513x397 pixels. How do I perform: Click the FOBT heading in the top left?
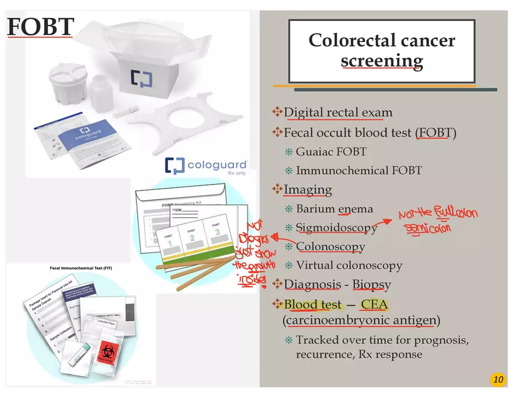tap(41, 27)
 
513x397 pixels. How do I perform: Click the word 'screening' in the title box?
tap(382, 60)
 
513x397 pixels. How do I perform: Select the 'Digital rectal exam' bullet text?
tap(338, 112)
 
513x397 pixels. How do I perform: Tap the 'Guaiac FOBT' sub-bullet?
tap(331, 152)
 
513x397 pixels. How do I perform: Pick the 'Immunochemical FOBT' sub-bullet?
tap(359, 170)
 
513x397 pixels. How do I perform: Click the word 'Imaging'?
tap(308, 190)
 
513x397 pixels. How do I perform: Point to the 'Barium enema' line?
tap(334, 208)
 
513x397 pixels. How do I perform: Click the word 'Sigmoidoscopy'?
tap(336, 228)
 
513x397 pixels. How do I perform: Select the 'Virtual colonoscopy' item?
tap(349, 265)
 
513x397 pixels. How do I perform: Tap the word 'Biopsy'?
tap(371, 284)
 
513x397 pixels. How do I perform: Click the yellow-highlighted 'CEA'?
tap(374, 304)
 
